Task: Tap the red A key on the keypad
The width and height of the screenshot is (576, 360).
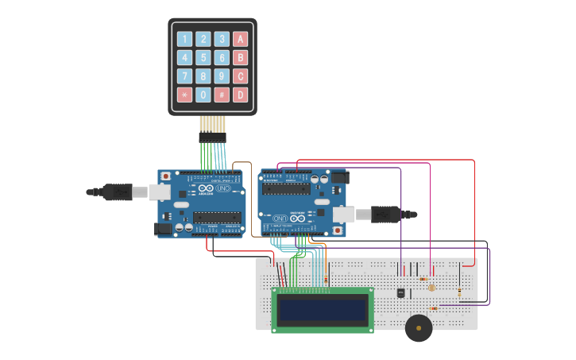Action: [240, 39]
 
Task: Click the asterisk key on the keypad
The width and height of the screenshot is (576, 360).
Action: [184, 95]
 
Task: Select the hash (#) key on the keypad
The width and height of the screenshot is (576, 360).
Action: [222, 95]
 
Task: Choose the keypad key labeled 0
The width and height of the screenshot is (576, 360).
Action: [203, 95]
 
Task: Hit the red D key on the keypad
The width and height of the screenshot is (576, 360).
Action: [240, 95]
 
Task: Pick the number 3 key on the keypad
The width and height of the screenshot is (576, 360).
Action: [222, 39]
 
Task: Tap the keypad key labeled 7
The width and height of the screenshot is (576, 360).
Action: [184, 76]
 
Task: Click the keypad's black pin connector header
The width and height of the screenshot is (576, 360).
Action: [212, 137]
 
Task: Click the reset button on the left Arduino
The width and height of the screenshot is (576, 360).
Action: [165, 176]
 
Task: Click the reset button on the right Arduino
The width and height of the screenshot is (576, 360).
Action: [338, 231]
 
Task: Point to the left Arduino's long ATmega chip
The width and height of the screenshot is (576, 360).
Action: [216, 218]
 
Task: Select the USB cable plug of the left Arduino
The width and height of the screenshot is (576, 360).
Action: [117, 192]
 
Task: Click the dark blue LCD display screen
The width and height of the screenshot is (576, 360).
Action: [323, 308]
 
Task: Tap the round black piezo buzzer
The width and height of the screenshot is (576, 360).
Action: [419, 327]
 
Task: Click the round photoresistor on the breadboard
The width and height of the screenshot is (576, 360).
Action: [431, 288]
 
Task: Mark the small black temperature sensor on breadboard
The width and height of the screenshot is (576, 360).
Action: [400, 292]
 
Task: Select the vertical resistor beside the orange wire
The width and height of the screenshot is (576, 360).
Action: [326, 279]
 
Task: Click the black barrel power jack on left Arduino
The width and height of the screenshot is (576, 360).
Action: [162, 229]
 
